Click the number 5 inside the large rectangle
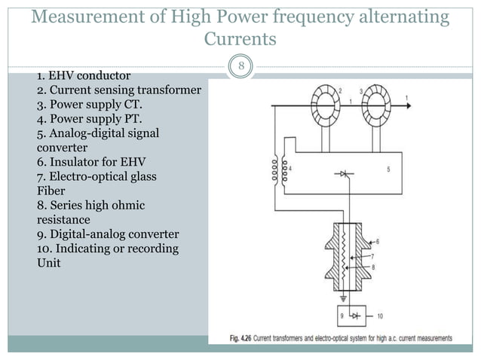(x=388, y=170)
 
